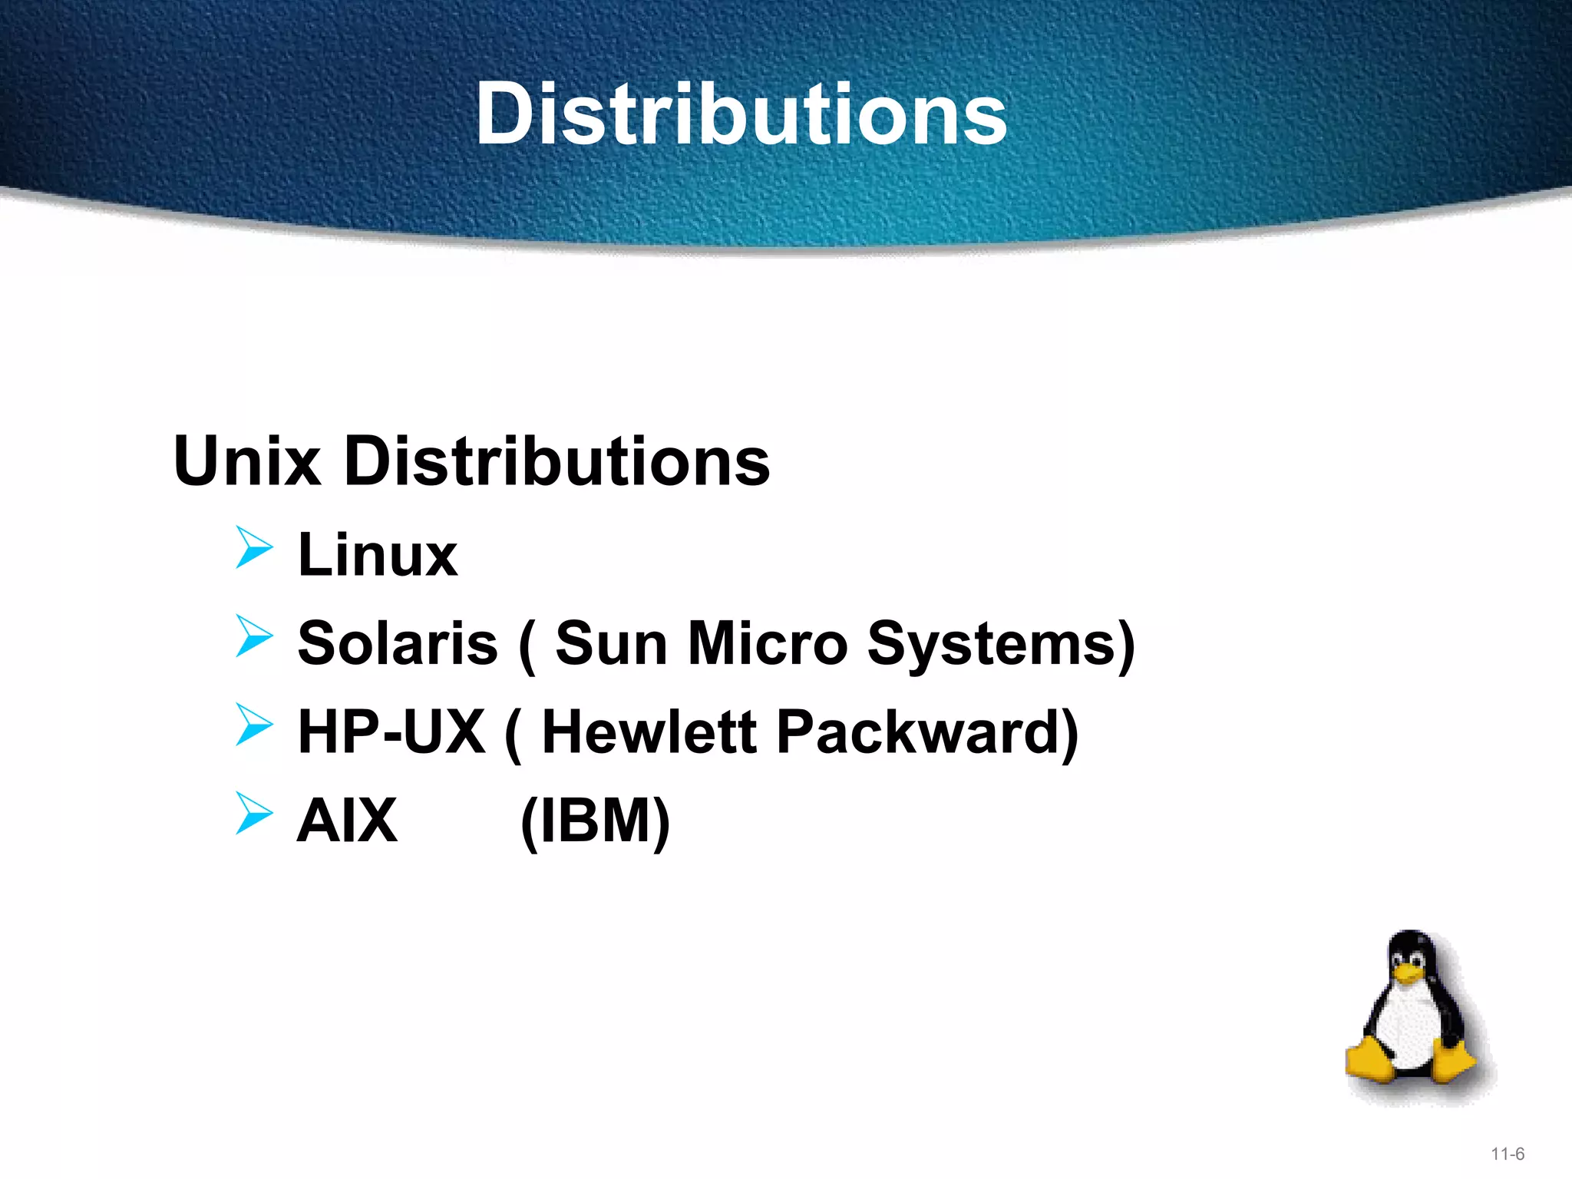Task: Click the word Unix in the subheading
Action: click(247, 461)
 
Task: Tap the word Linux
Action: click(377, 554)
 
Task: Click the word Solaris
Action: click(398, 643)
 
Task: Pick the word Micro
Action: click(768, 643)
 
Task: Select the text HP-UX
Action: click(391, 732)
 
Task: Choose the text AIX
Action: click(347, 821)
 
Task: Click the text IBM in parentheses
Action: click(596, 821)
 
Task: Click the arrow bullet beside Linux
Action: click(254, 547)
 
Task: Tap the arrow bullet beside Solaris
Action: click(254, 636)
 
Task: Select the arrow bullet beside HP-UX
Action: click(254, 725)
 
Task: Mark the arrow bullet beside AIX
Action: click(254, 813)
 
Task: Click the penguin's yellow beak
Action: click(1408, 974)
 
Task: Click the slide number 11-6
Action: click(1508, 1154)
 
